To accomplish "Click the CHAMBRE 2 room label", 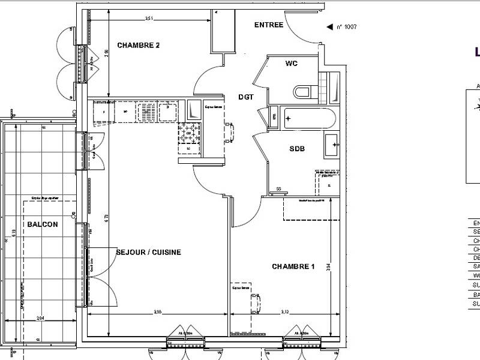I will click(x=139, y=45).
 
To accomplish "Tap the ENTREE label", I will click(x=269, y=25).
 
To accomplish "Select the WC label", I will click(x=292, y=64).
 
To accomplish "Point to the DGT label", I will click(x=246, y=97).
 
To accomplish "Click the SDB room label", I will click(x=298, y=149).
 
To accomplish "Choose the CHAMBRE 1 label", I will click(x=293, y=266).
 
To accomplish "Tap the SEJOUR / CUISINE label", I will click(x=148, y=253).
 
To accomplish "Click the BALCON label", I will click(x=43, y=224).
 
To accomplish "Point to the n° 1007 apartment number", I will click(x=347, y=27).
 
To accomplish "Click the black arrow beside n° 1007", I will click(x=328, y=27).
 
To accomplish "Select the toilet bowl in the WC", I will click(x=302, y=91).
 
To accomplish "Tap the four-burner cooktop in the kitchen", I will click(x=191, y=134).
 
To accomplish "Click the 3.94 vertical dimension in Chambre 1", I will click(x=328, y=266).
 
